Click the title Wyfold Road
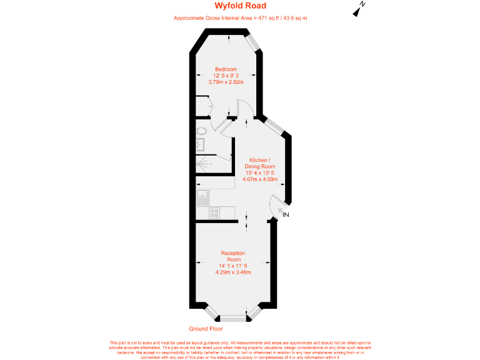pyautogui.click(x=240, y=6)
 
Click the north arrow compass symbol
pyautogui.click(x=359, y=8)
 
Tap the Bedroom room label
pyautogui.click(x=226, y=69)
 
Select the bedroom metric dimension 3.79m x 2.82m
pyautogui.click(x=226, y=82)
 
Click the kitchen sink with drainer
pyautogui.click(x=202, y=199)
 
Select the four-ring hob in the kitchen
pyautogui.click(x=214, y=212)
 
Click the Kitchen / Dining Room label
pyautogui.click(x=262, y=163)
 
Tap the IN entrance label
pyautogui.click(x=286, y=215)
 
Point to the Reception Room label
pyautogui.click(x=233, y=256)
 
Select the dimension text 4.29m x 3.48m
pyautogui.click(x=233, y=272)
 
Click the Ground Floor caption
pyautogui.click(x=206, y=329)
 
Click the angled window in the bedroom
pyautogui.click(x=252, y=41)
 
